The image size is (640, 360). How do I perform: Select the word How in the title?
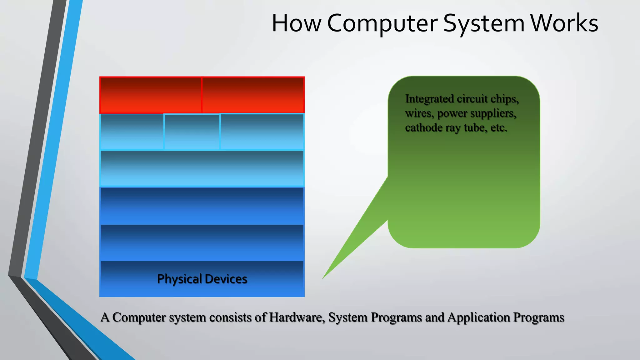[296, 23]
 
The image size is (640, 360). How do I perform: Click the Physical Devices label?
[202, 279]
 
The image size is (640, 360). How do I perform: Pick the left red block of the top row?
[151, 95]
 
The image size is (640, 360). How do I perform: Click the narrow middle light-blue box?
[192, 132]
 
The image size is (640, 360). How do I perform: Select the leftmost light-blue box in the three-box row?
[132, 132]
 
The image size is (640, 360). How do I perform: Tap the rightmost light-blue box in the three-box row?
[262, 132]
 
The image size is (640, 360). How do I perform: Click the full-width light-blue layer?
[202, 169]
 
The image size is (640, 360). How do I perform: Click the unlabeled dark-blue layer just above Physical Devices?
[202, 242]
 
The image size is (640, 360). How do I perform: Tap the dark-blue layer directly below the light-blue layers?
[202, 206]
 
